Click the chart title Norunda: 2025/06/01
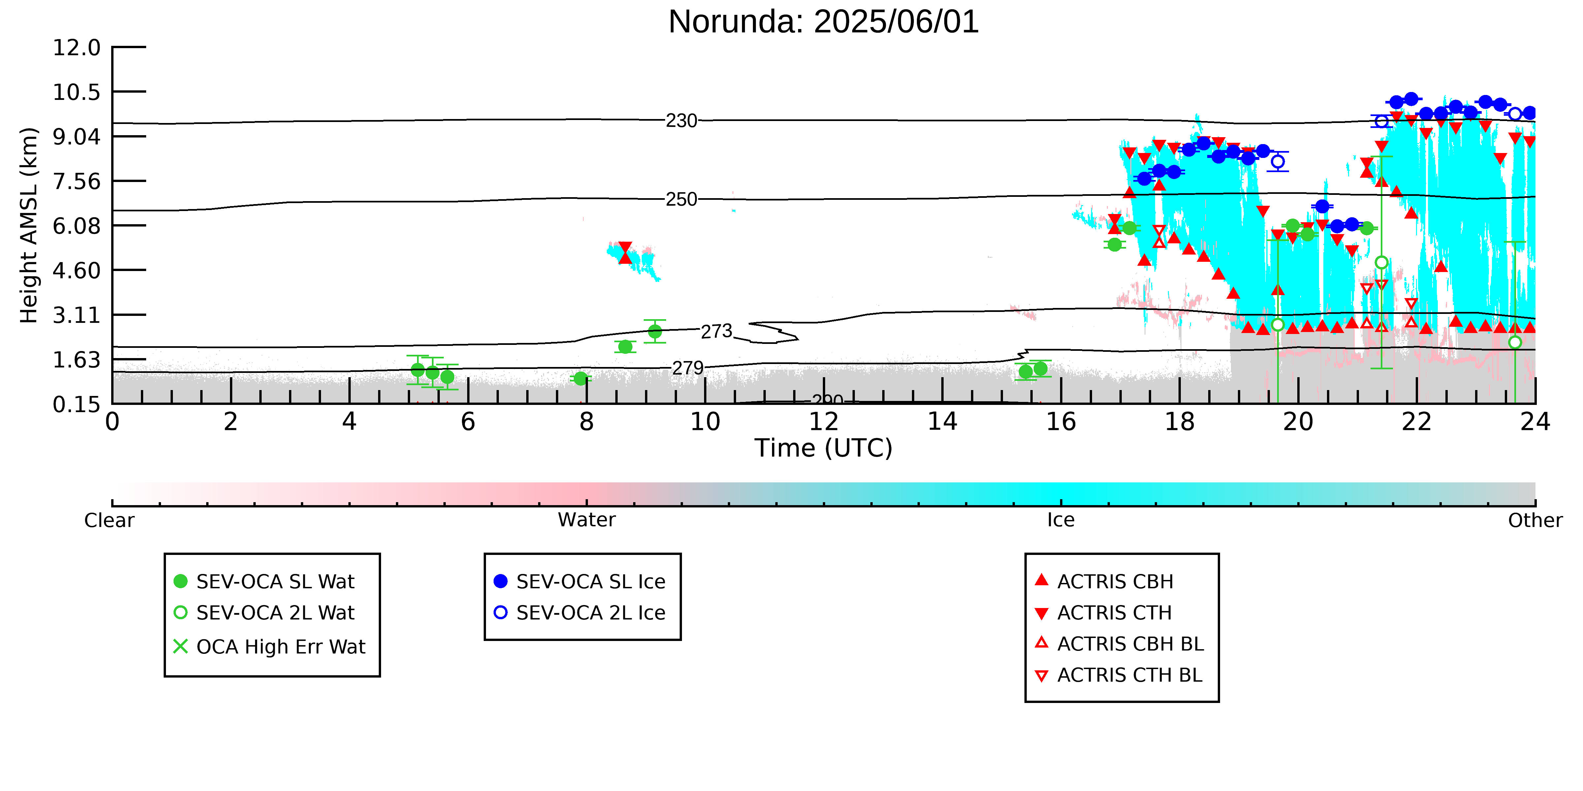click(x=824, y=22)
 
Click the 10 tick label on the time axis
click(x=705, y=422)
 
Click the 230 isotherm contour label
click(x=682, y=120)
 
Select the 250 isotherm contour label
click(x=682, y=199)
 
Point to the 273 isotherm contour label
click(x=717, y=332)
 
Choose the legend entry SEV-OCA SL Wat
click(x=264, y=582)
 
